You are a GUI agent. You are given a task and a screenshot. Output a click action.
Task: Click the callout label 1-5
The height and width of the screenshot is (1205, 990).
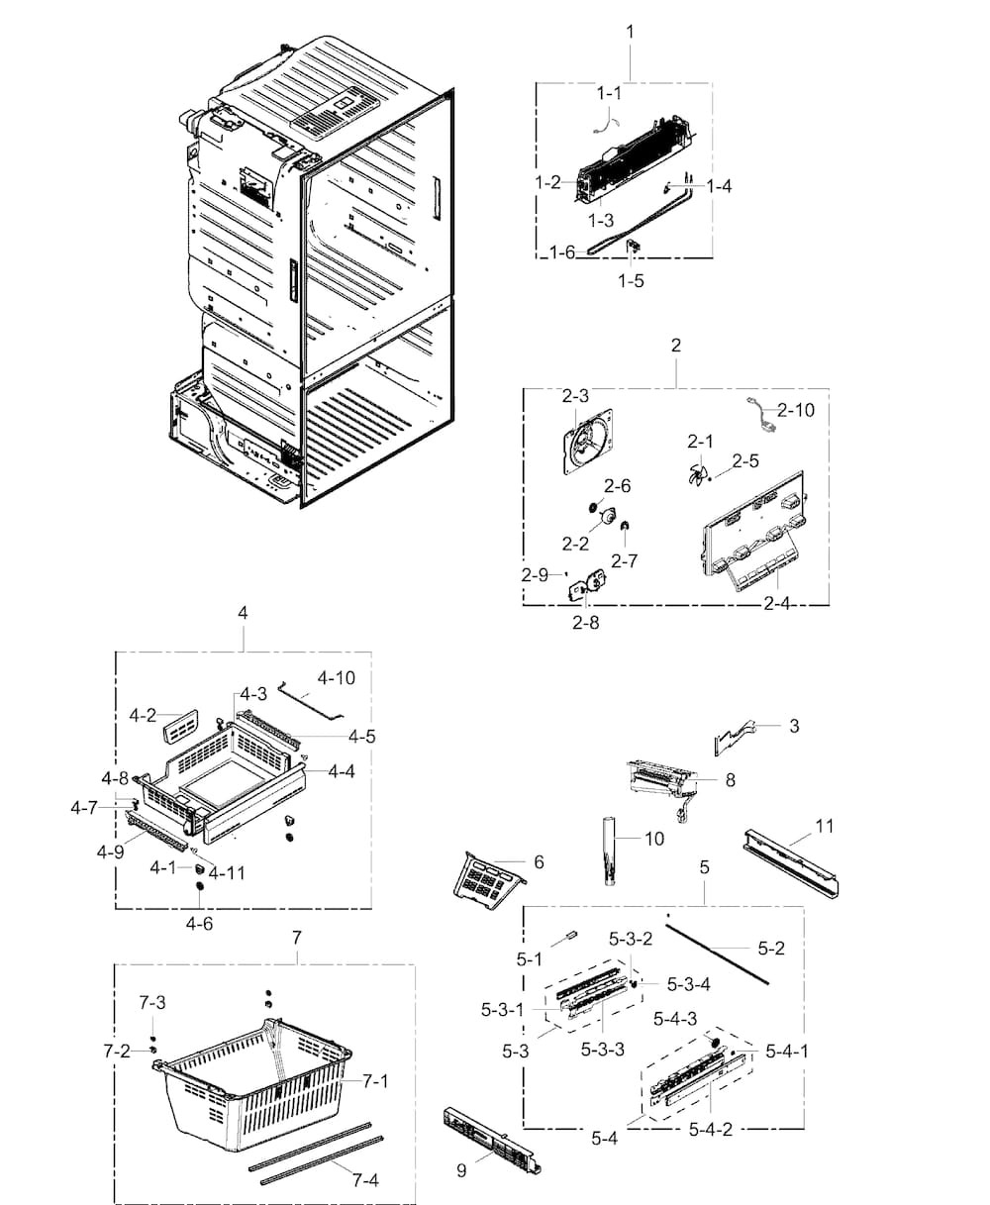tap(631, 280)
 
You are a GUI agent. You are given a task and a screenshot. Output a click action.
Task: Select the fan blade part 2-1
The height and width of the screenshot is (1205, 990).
tap(698, 475)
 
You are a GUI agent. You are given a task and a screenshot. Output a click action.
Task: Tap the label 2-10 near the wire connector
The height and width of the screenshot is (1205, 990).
tap(796, 409)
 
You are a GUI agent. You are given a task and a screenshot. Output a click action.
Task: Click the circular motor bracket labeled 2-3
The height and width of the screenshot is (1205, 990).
tap(588, 443)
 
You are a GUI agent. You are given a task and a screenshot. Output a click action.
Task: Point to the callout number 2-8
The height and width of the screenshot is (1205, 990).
tap(585, 623)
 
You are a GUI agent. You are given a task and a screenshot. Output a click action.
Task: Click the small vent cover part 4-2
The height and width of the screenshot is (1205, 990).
tap(178, 728)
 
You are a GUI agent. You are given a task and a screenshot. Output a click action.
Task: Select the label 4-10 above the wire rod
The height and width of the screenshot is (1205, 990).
tap(337, 678)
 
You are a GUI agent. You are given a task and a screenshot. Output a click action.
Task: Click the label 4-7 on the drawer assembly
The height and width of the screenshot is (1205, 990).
tap(84, 808)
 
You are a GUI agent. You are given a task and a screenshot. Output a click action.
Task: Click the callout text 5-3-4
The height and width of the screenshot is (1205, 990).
tap(688, 984)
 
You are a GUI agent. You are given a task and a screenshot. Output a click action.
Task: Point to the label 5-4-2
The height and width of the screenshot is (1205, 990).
tap(711, 1129)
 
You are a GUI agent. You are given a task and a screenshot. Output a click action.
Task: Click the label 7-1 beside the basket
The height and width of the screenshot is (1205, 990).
tap(374, 1081)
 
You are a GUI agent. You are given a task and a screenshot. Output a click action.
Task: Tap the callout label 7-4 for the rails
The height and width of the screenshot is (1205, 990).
tap(364, 1179)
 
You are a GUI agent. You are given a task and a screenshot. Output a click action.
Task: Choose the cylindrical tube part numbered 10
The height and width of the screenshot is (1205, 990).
tap(608, 848)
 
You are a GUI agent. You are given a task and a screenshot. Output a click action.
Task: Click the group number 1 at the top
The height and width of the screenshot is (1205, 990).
tap(630, 32)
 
